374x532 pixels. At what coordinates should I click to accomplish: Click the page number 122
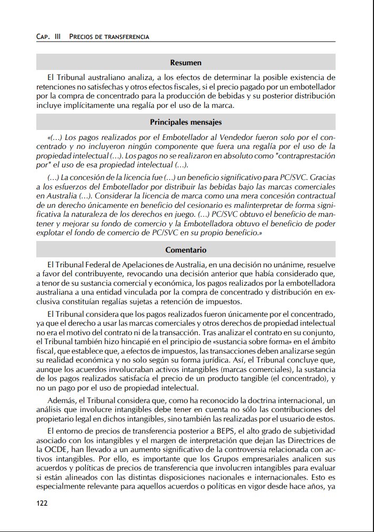coord(42,503)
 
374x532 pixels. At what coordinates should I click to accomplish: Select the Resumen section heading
coord(186,63)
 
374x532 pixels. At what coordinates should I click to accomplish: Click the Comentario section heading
coord(186,250)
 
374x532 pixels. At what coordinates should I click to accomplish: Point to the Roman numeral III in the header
coord(57,37)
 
